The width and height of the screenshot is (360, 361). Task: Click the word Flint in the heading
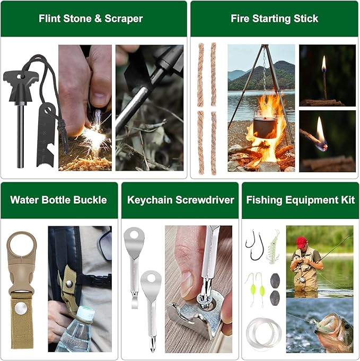point(50,19)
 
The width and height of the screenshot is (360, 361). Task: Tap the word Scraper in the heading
point(123,19)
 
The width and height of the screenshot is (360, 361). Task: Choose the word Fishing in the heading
point(265,200)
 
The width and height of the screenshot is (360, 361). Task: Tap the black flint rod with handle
point(20,117)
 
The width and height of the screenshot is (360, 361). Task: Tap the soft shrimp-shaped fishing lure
point(274,246)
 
